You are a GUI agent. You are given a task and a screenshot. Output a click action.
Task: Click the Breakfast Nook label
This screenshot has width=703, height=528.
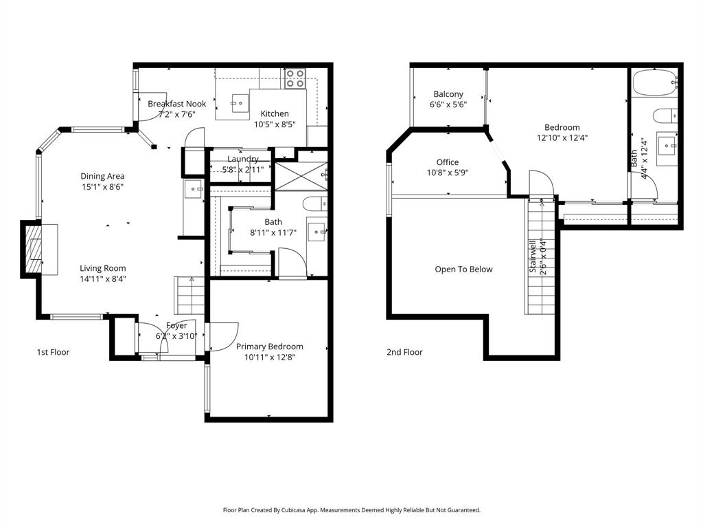[176, 104]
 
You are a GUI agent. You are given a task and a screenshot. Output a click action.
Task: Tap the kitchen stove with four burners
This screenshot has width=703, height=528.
[295, 78]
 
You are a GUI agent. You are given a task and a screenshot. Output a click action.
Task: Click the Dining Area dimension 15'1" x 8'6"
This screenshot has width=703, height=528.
[102, 186]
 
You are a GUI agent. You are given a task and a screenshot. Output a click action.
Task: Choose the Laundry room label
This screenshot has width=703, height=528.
[242, 159]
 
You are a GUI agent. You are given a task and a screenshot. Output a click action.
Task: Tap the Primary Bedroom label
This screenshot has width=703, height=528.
[269, 346]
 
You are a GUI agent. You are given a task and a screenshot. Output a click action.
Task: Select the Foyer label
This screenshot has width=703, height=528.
[176, 326]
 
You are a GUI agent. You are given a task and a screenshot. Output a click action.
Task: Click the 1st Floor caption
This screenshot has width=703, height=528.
[53, 352]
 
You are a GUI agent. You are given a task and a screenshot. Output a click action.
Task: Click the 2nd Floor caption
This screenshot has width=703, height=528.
[404, 352]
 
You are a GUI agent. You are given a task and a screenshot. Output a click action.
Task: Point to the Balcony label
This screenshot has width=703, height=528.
[448, 94]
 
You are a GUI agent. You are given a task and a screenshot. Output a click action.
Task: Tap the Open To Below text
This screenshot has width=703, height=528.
[463, 269]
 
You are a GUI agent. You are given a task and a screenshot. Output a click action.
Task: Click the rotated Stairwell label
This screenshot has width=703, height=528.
[533, 256]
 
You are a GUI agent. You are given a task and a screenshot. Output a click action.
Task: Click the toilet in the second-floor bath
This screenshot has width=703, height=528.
[663, 114]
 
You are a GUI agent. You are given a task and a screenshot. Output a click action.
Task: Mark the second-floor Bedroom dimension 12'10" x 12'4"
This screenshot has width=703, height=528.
[562, 137]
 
